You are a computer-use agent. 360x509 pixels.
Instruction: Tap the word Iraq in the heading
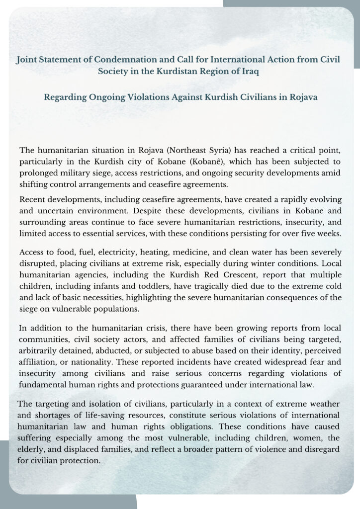[x=249, y=71]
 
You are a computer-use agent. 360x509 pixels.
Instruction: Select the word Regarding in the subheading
[x=64, y=97]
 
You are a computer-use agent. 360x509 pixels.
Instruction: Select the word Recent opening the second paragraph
[x=32, y=199]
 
